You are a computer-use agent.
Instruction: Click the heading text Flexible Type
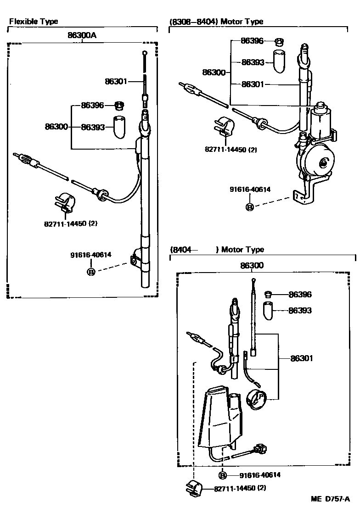click(x=34, y=22)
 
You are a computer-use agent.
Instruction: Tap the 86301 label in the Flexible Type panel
click(x=116, y=81)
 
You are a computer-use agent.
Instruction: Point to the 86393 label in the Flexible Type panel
click(x=94, y=127)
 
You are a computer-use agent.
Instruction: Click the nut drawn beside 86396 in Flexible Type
click(x=118, y=106)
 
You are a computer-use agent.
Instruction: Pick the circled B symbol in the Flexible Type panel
click(x=91, y=272)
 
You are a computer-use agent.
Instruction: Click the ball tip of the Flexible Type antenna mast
click(x=145, y=53)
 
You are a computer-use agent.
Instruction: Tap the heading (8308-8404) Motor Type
click(x=216, y=22)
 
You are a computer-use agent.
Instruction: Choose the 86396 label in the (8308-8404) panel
click(x=252, y=41)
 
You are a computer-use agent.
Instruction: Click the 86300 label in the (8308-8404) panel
click(x=214, y=72)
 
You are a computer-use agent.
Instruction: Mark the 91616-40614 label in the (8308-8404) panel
click(x=250, y=189)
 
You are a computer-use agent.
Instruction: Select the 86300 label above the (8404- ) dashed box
click(x=252, y=265)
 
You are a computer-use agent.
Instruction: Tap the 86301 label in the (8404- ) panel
click(x=301, y=358)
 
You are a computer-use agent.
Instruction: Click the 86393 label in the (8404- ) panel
click(x=300, y=311)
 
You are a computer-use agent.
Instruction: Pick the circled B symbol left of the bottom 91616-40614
click(x=222, y=475)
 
